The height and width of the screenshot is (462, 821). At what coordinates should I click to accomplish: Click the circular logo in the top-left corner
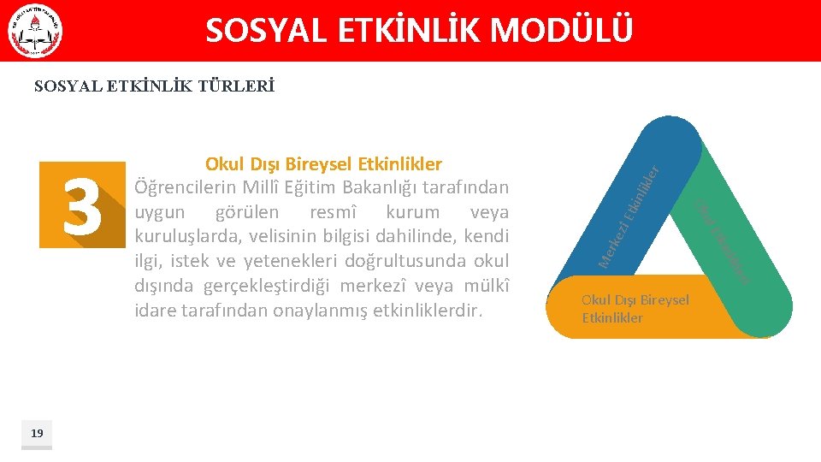pyautogui.click(x=35, y=31)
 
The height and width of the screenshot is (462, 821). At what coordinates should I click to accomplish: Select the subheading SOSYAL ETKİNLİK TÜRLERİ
pyautogui.click(x=154, y=86)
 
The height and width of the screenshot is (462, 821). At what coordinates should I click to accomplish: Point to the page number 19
pyautogui.click(x=37, y=433)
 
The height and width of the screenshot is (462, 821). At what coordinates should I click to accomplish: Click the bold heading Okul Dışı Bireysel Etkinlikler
pyautogui.click(x=323, y=163)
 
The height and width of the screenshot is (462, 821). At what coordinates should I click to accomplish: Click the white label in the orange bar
pyautogui.click(x=635, y=308)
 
